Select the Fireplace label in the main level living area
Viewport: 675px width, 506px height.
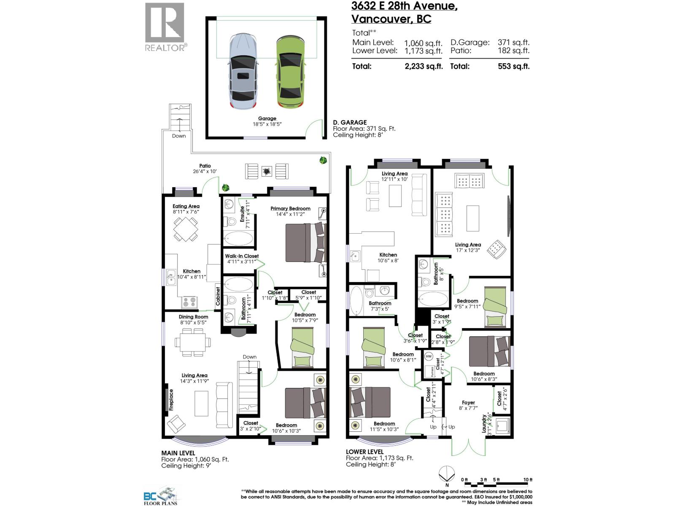coord(171,400)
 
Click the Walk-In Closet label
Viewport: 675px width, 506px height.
coord(242,256)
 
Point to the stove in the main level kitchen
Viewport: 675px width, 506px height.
coord(189,302)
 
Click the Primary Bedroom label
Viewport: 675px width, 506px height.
coord(290,208)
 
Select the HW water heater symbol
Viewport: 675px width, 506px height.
coord(429,357)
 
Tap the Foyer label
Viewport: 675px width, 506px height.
coord(468,403)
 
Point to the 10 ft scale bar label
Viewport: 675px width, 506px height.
coord(528,480)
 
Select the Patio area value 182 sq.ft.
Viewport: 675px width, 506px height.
coord(513,51)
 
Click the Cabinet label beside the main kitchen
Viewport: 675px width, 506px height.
coord(218,296)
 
